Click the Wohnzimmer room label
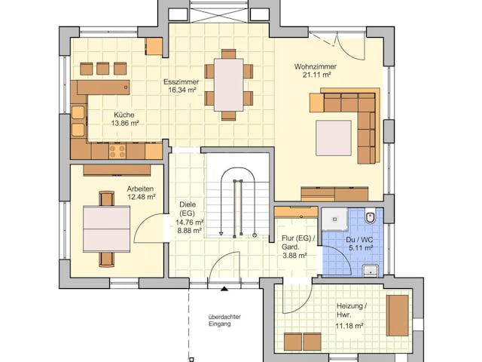point(315,66)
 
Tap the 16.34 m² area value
point(182,90)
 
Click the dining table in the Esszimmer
point(228,84)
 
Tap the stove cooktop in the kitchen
point(117,151)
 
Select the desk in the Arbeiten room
point(106,229)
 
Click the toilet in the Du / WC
point(369,218)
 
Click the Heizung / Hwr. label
point(351,311)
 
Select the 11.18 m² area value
point(350,326)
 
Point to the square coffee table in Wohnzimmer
point(333,138)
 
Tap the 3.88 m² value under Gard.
point(294,256)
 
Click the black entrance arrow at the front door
point(223,287)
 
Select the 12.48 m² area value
point(141,197)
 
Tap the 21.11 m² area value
point(314,75)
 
